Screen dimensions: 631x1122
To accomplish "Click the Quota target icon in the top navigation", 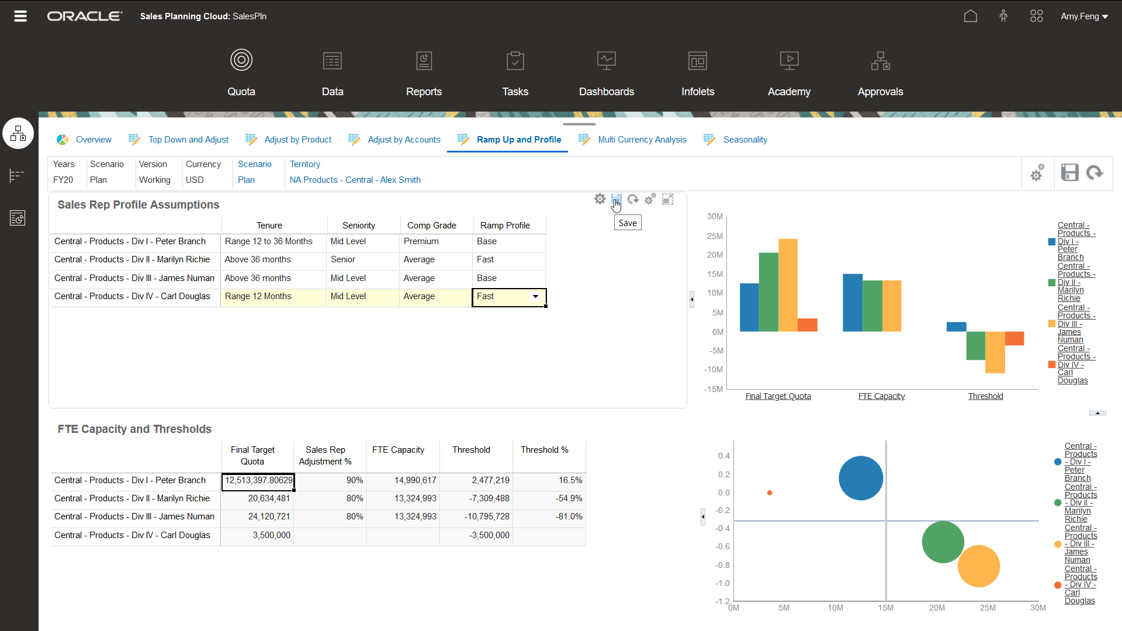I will [x=241, y=60].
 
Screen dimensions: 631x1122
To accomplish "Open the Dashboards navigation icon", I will [x=606, y=61].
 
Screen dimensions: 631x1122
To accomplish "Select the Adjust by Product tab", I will [x=297, y=140].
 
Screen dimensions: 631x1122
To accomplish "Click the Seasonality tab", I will [x=744, y=140].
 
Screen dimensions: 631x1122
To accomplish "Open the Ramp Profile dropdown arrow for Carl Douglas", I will [x=535, y=297].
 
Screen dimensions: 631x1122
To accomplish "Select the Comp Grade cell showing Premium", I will [x=435, y=241].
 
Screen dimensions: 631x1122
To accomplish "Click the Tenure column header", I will [x=269, y=226].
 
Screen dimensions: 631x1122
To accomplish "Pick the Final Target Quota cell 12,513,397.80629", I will [x=258, y=480].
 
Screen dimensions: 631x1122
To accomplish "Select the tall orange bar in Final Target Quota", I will [x=788, y=285].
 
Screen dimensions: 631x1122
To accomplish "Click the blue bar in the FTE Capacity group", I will [x=852, y=302].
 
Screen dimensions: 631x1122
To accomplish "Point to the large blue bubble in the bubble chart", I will [x=860, y=478].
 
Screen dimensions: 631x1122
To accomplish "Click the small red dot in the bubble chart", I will [x=770, y=493].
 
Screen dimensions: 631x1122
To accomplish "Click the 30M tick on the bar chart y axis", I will [x=715, y=216].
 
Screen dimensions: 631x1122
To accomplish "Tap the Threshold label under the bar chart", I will [x=985, y=396].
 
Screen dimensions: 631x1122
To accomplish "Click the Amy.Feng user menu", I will [x=1084, y=16].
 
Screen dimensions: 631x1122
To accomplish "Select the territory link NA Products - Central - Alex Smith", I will [x=355, y=180].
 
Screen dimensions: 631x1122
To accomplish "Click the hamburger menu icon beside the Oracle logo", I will [x=20, y=16].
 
